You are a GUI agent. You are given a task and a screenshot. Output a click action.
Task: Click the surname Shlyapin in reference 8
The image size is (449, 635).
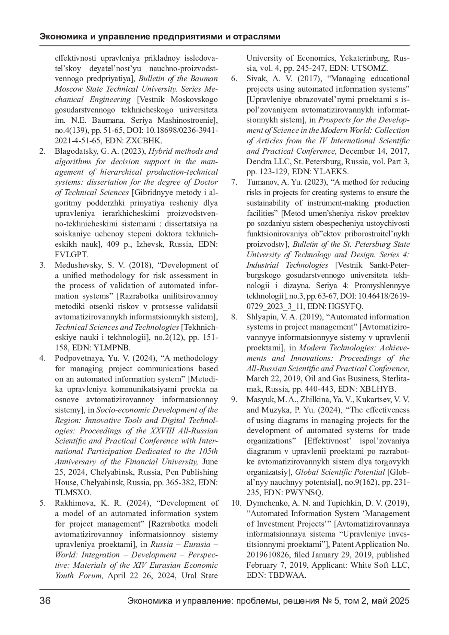(261, 317)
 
